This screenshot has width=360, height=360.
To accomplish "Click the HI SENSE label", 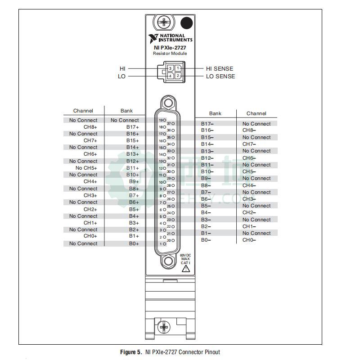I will coord(220,69).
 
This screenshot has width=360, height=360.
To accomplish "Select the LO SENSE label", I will coord(220,76).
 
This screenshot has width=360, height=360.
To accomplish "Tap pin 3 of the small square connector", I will coord(171,68).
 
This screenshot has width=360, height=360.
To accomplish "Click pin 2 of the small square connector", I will coord(178,76).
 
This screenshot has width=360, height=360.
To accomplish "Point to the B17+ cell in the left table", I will coord(133,127).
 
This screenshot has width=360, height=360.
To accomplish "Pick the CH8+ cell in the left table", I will coord(90,127).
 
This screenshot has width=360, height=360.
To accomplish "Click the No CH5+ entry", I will coord(86,168).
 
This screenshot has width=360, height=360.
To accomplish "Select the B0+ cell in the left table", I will coord(134,243).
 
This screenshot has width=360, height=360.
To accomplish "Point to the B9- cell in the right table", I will coord(207,178).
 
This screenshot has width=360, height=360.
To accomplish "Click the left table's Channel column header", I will coord(83,111).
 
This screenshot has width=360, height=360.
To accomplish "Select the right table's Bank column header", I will coord(215,113).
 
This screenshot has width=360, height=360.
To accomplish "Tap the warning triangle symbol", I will coord(185,269).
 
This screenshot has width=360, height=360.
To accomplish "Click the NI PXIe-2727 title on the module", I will coord(170,47).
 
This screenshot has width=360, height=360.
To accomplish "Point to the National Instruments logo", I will coord(170,37).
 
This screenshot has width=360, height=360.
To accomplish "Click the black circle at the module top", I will coord(186,23).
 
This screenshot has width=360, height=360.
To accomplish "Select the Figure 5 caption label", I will coord(130,352).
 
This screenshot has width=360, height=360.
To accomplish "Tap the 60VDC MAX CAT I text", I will coord(185,259).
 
